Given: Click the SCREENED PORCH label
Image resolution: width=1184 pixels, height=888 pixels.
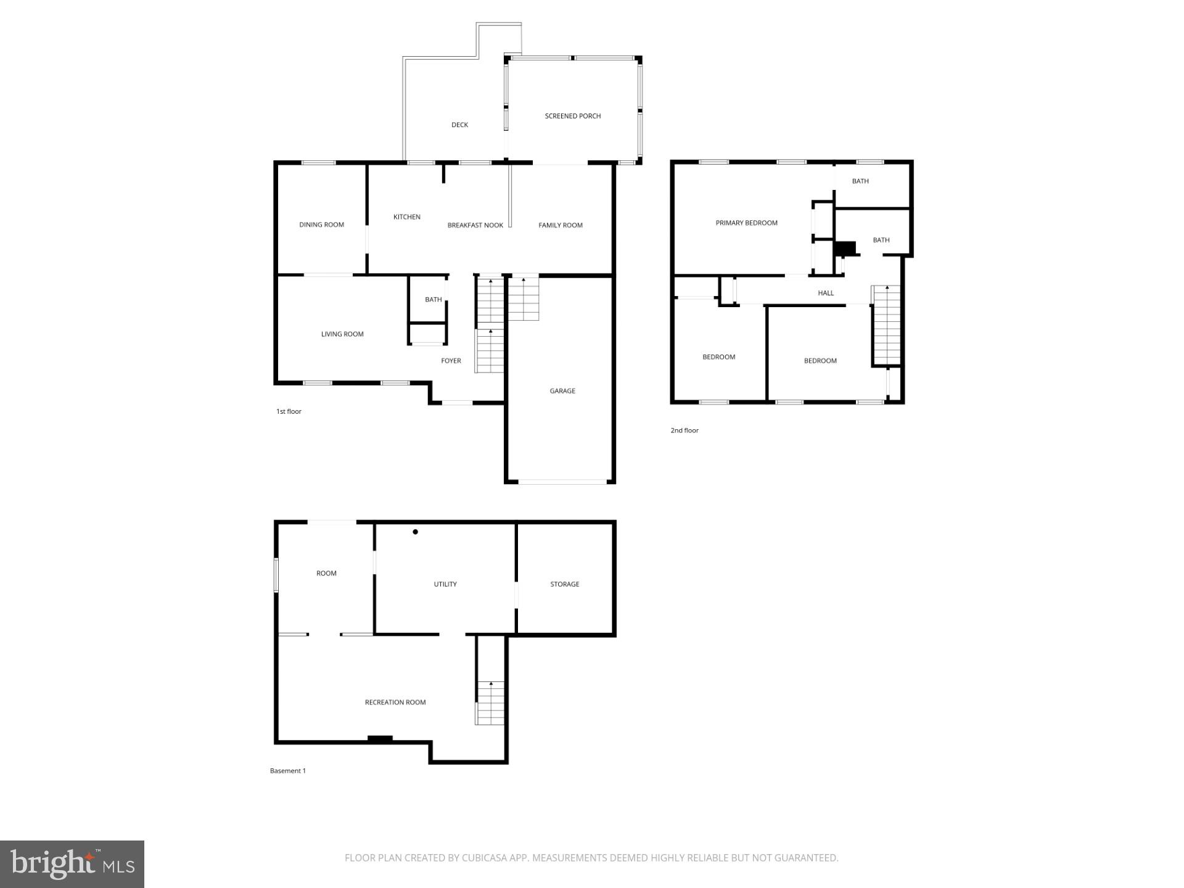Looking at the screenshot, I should [x=572, y=116].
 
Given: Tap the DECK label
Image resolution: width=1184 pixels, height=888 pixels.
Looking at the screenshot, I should [x=459, y=125].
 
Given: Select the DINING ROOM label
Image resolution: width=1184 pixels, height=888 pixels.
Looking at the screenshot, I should [x=321, y=225].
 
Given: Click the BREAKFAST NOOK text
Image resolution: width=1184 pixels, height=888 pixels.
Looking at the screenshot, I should [x=475, y=226].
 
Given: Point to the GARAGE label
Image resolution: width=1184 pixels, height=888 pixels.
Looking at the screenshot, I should [x=562, y=391].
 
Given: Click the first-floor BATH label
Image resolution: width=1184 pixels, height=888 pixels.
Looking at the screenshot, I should [x=433, y=300].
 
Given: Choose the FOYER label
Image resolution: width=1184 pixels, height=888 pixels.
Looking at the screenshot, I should [x=451, y=361].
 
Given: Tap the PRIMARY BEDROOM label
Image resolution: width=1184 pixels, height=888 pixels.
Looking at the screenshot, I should [x=746, y=223].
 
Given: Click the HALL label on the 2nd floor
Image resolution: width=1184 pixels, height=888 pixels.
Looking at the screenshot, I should [x=825, y=294].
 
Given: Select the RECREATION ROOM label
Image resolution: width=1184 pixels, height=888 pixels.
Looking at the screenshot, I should [x=395, y=702].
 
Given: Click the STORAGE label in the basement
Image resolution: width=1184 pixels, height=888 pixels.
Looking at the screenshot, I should [x=564, y=585].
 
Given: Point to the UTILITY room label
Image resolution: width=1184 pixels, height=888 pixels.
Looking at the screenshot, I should [x=445, y=585].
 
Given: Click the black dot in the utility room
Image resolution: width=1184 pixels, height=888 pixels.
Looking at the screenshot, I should [x=416, y=532].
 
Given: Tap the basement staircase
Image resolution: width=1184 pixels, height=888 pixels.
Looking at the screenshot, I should [x=490, y=703].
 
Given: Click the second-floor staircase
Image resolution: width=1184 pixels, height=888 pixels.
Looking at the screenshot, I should [x=887, y=326].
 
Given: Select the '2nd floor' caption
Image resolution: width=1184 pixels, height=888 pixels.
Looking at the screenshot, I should [x=684, y=430].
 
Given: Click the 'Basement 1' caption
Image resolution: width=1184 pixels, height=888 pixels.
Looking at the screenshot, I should [x=287, y=771].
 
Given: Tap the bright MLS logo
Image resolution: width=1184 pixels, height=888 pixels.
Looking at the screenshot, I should [x=72, y=864].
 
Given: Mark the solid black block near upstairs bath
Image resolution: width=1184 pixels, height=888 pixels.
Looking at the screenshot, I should [x=845, y=248].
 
